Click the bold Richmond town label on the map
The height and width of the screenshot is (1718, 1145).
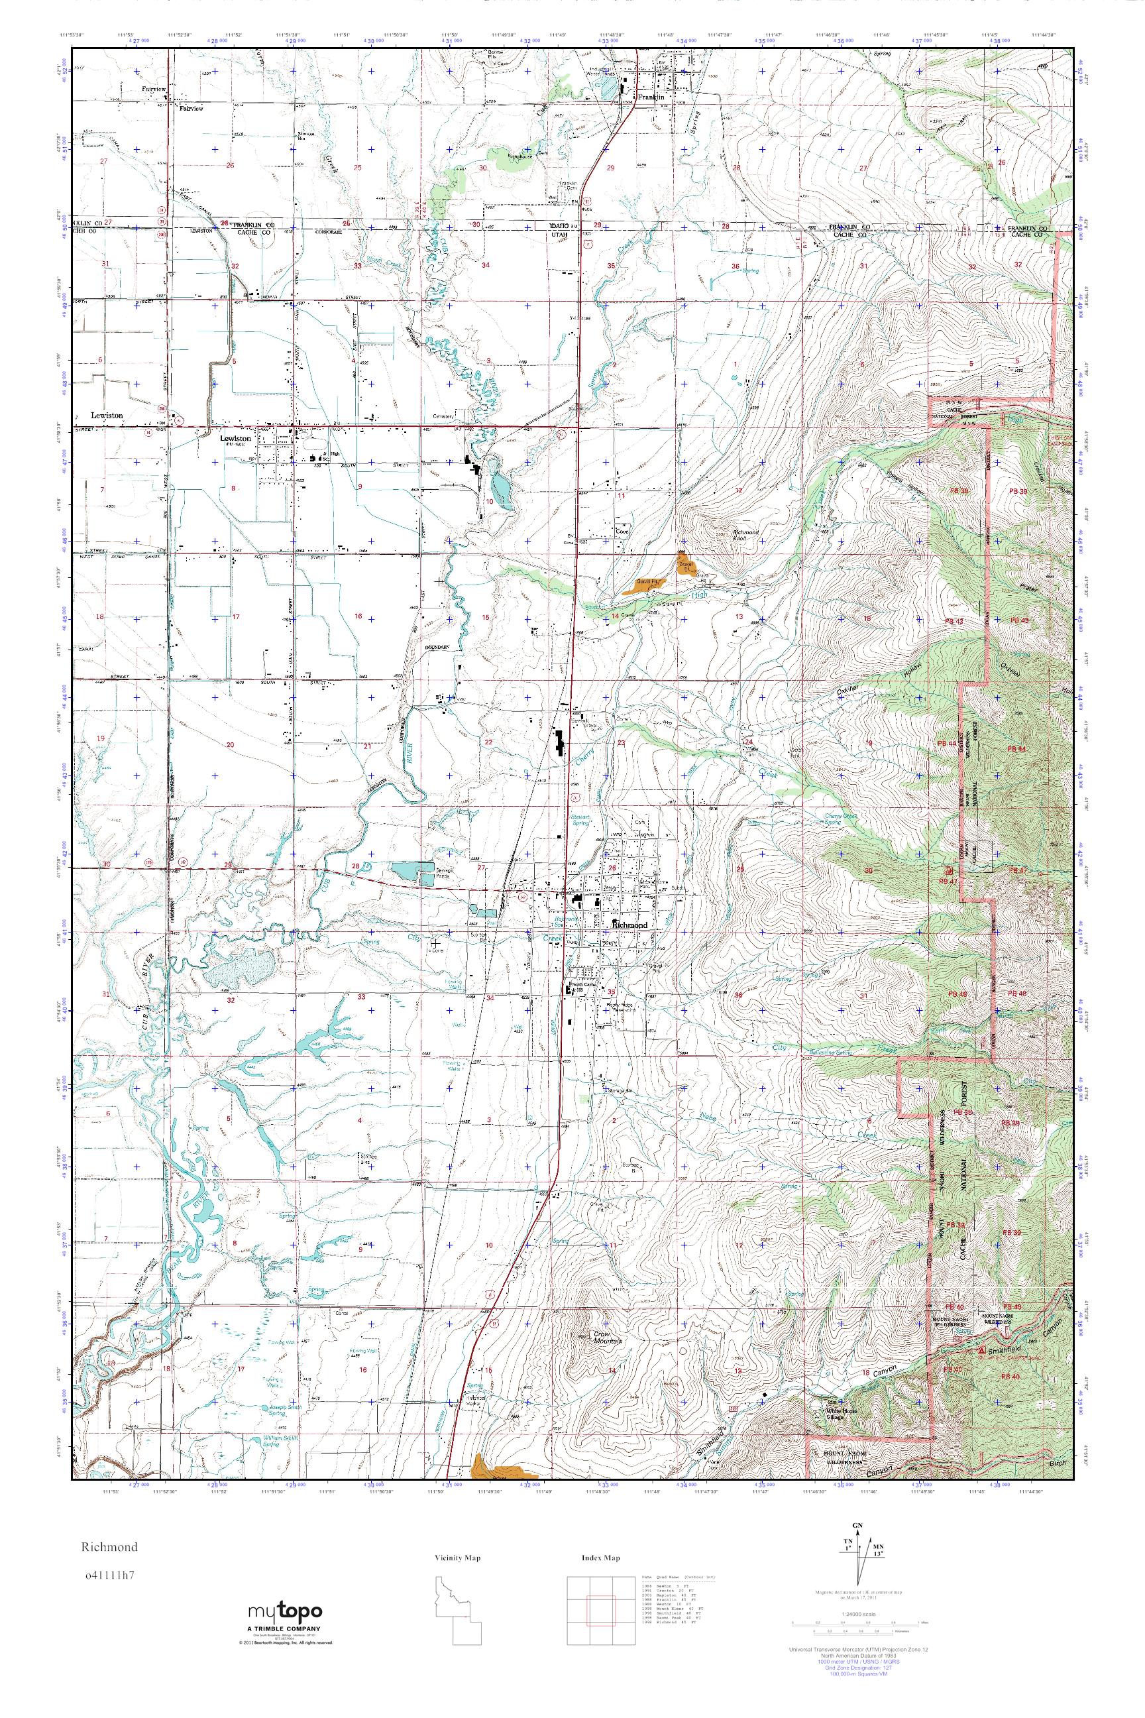(629, 925)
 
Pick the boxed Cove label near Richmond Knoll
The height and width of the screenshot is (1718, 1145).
(622, 532)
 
